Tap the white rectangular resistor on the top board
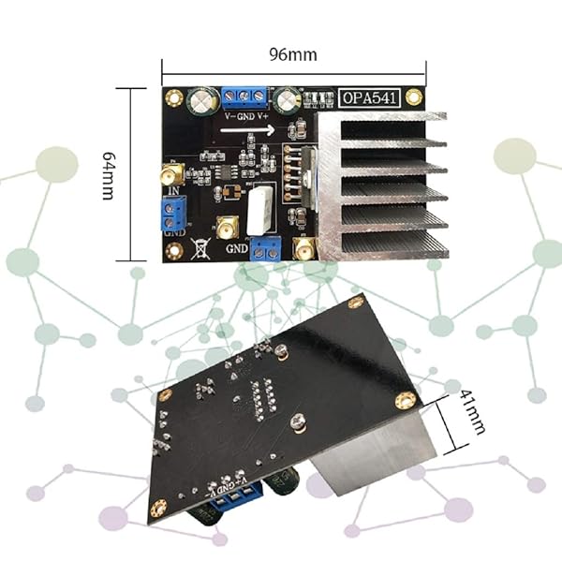coord(262,210)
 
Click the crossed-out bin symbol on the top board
coord(198,247)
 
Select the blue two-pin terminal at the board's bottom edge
coord(266,246)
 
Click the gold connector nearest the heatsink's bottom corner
coord(304,247)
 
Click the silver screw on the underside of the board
coord(298,422)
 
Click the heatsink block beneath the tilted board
coord(375,459)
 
